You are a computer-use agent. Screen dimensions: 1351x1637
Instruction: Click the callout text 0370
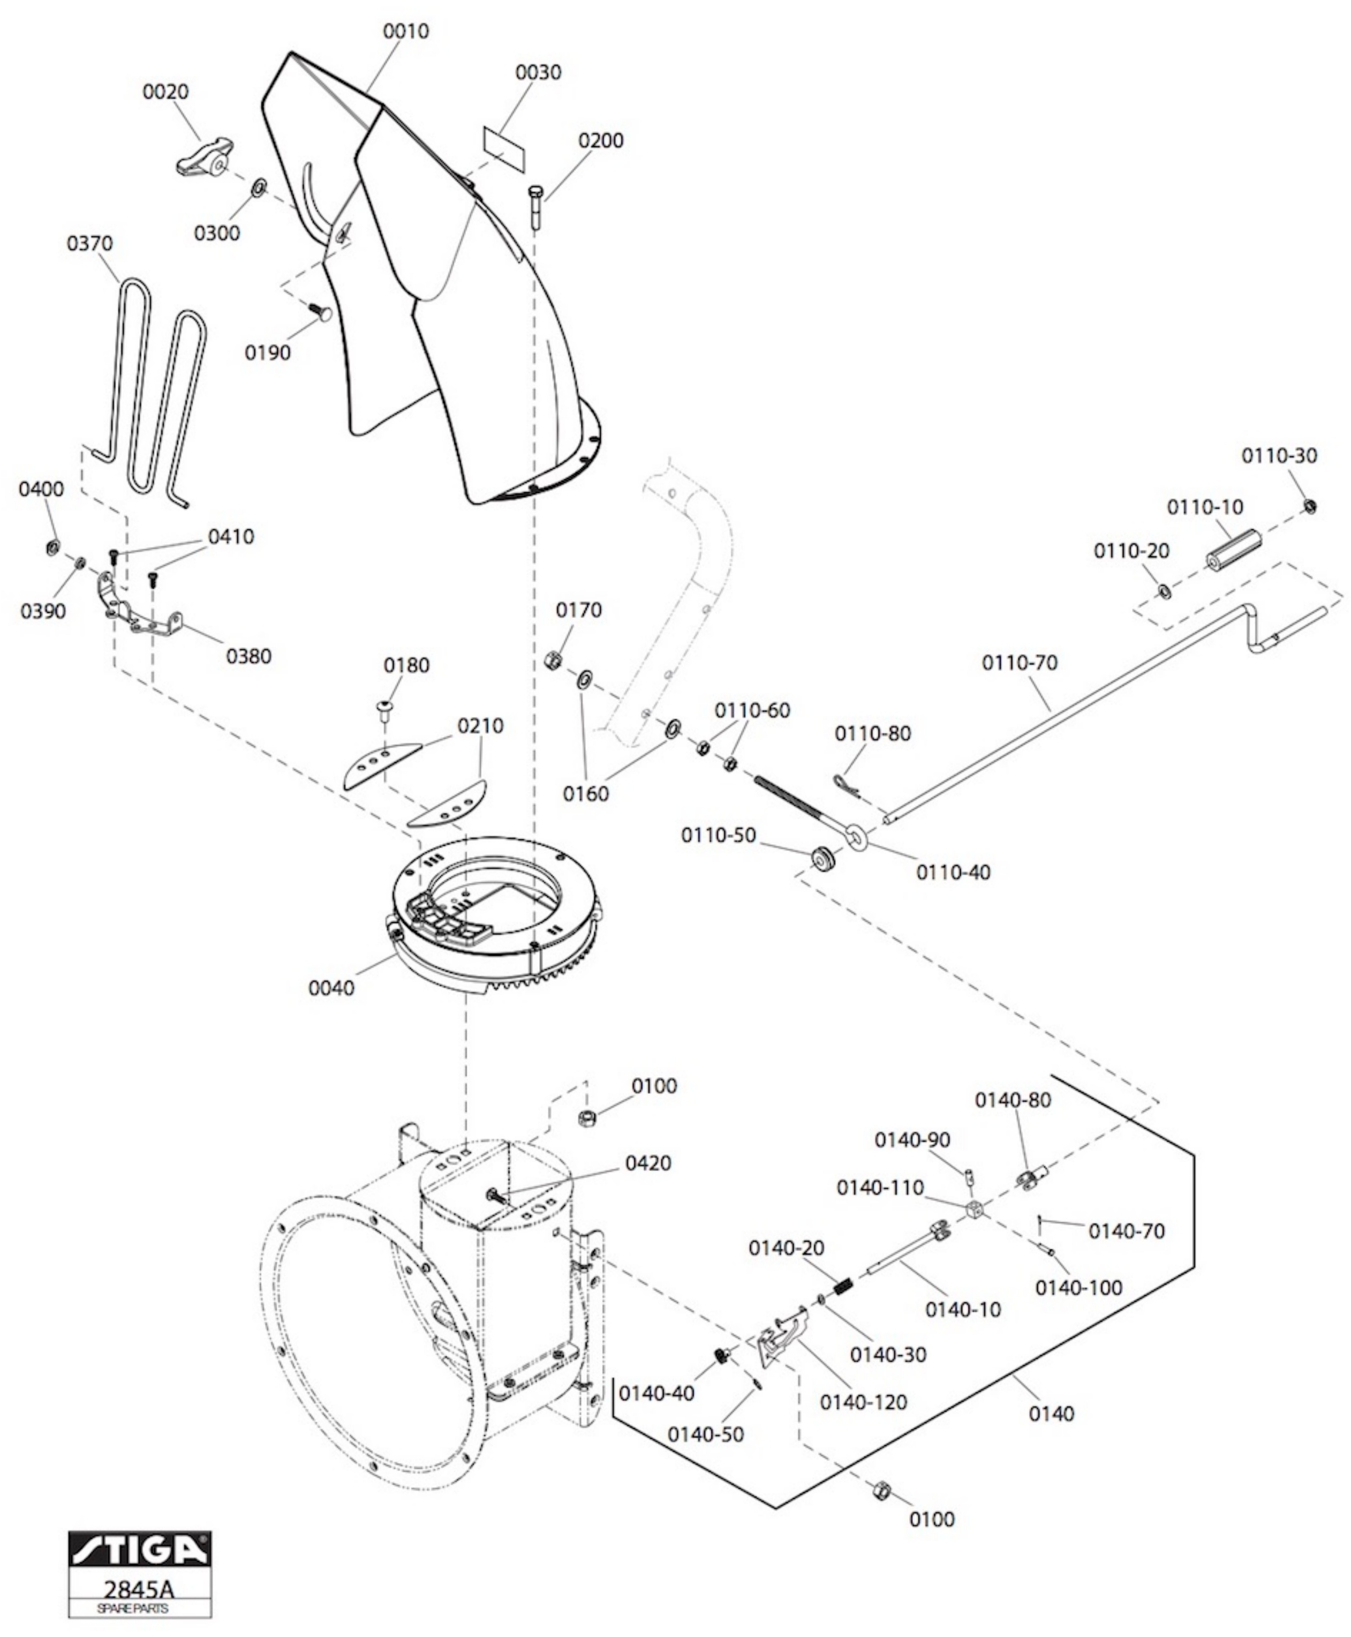(89, 244)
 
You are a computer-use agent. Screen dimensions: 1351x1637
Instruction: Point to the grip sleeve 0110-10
(1233, 550)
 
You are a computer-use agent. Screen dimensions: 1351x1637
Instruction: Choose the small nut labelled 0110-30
(1310, 507)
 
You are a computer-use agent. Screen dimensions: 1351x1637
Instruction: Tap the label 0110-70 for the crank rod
(1020, 663)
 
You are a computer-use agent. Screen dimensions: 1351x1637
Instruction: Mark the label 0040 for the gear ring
(331, 989)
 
